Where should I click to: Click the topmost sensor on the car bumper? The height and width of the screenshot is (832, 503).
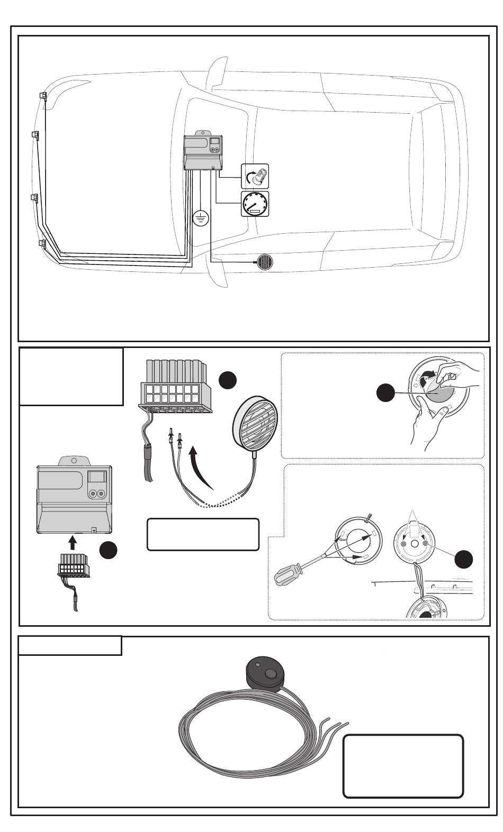point(43,96)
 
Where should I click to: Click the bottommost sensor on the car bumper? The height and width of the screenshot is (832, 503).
point(42,243)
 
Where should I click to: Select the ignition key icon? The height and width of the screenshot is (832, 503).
point(255,177)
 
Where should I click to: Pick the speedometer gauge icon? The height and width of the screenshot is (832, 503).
point(255,204)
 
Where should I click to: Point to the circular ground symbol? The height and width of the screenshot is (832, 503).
point(201,217)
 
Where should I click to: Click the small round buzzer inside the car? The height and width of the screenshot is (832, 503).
point(263,261)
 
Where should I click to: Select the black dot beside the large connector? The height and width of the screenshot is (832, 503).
point(228,380)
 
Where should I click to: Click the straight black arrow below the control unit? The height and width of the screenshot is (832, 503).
point(73,543)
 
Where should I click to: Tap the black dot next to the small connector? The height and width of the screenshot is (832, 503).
point(108,550)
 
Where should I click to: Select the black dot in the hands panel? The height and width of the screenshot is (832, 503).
point(385,393)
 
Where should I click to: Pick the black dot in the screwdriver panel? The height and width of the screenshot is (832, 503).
point(464,559)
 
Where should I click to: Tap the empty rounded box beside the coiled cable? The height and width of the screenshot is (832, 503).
point(403,765)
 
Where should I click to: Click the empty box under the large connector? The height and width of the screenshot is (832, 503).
point(203,534)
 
